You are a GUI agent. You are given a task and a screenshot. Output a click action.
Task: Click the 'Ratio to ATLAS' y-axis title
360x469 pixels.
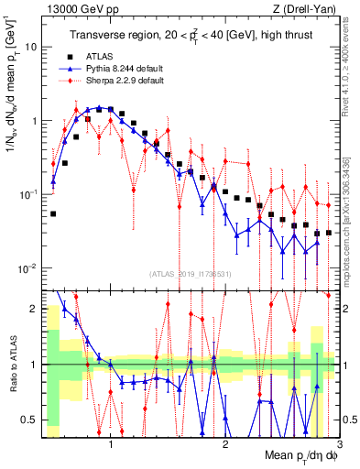pos(12,365)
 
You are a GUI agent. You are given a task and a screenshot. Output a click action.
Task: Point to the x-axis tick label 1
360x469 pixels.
pos(111,446)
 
